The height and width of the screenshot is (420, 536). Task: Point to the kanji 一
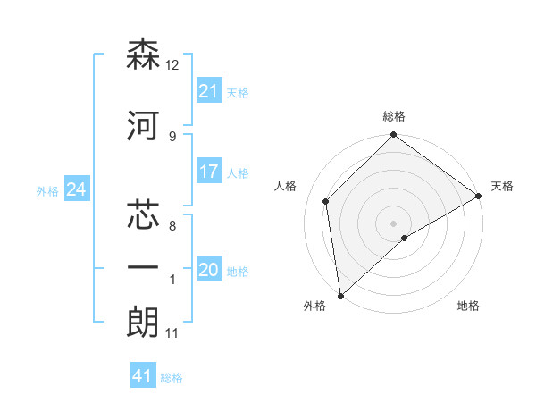(x=143, y=267)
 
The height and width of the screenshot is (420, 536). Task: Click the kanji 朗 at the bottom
(x=143, y=323)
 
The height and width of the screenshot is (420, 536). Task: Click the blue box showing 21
(x=208, y=90)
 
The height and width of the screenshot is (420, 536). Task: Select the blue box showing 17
(x=208, y=172)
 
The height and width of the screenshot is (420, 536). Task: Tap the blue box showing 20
(x=208, y=270)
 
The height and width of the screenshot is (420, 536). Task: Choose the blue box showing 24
(x=77, y=189)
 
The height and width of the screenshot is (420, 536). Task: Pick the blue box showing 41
(x=143, y=376)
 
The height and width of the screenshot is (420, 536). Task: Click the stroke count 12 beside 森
(x=173, y=65)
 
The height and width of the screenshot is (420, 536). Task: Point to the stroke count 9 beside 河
(x=172, y=136)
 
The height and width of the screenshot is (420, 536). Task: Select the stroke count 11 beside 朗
(x=172, y=334)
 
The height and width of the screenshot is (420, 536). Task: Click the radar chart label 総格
(x=394, y=117)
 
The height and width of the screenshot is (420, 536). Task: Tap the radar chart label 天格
(x=502, y=186)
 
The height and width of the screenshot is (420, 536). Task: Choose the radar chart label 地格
(x=468, y=307)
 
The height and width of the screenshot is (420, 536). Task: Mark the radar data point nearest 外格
(x=340, y=296)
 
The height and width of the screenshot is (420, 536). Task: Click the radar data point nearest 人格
(x=326, y=201)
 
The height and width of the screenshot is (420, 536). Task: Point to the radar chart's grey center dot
(x=393, y=223)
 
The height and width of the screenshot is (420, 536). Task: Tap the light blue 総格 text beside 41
(x=172, y=378)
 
